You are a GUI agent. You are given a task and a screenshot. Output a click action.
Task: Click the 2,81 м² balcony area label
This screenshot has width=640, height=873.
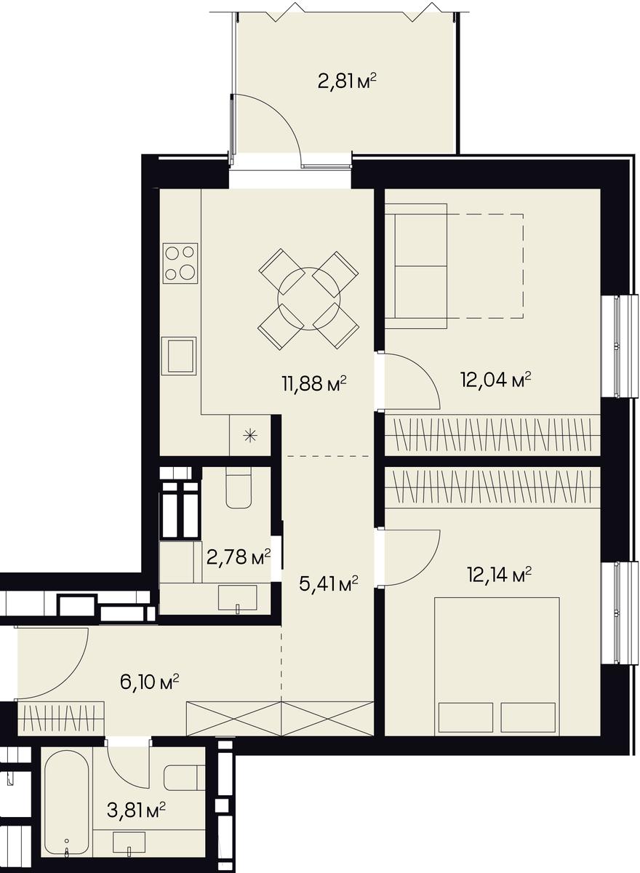pyautogui.click(x=348, y=81)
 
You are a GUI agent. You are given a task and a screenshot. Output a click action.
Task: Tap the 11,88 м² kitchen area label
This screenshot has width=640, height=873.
pyautogui.click(x=314, y=384)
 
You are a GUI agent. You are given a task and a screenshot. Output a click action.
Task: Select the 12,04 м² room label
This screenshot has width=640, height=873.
pyautogui.click(x=496, y=380)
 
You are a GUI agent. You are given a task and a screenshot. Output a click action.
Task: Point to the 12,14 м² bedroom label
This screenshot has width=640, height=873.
pyautogui.click(x=500, y=575)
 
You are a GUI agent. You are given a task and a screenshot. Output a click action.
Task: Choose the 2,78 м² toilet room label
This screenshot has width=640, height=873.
pyautogui.click(x=239, y=558)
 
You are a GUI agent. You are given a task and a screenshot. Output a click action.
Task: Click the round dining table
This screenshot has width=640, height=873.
pyautogui.click(x=309, y=299)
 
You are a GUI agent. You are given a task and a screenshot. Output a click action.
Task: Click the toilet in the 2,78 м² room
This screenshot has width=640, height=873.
pyautogui.click(x=239, y=487)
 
